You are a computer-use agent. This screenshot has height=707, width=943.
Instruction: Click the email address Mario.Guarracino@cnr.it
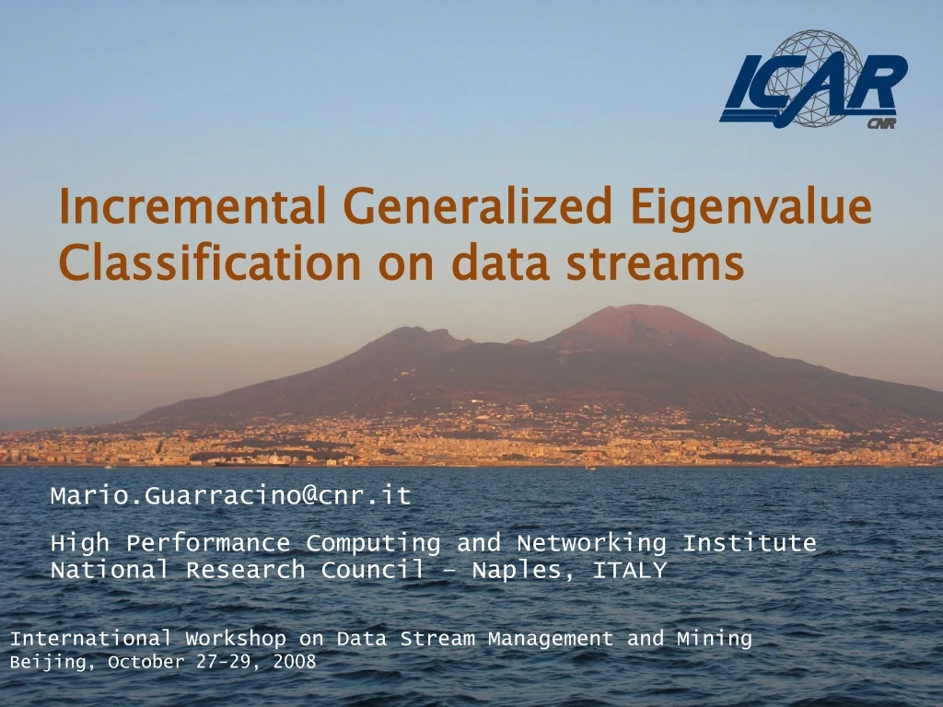click(x=230, y=496)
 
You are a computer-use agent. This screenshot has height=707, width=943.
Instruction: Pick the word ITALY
click(x=629, y=571)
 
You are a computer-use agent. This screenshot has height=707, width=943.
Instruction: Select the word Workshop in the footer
click(x=235, y=638)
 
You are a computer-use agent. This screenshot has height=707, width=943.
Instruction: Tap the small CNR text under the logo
click(x=881, y=124)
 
